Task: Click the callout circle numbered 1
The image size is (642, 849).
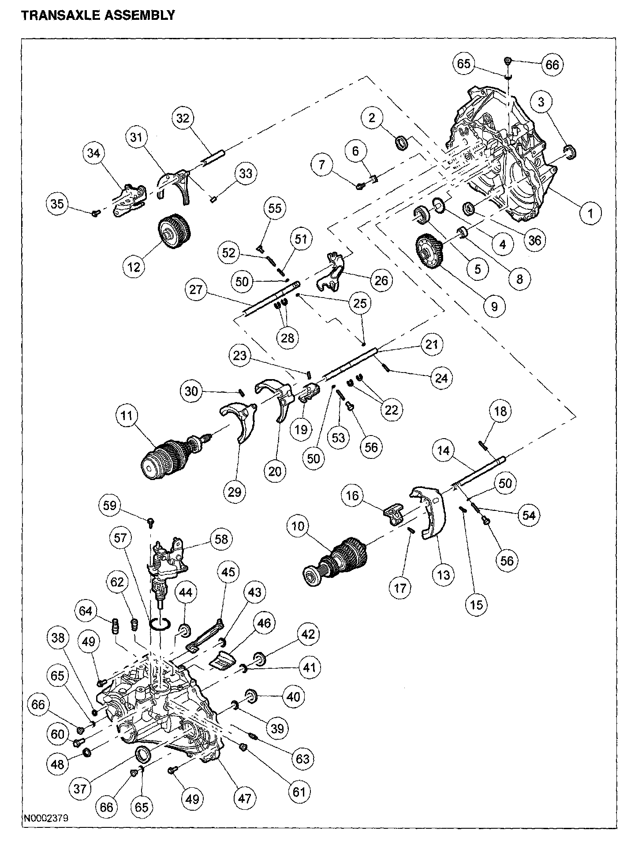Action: [x=590, y=213]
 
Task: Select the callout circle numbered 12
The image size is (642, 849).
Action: [x=134, y=266]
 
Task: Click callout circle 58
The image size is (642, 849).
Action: [x=221, y=539]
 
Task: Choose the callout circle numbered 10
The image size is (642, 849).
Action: [x=299, y=526]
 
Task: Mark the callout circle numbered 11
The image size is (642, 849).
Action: [x=127, y=416]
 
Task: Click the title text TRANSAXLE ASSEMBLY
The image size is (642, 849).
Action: [x=98, y=15]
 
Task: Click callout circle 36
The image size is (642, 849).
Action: [x=534, y=240]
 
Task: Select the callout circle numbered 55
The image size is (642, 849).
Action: [x=275, y=208]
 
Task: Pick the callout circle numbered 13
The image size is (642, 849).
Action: [x=443, y=575]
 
